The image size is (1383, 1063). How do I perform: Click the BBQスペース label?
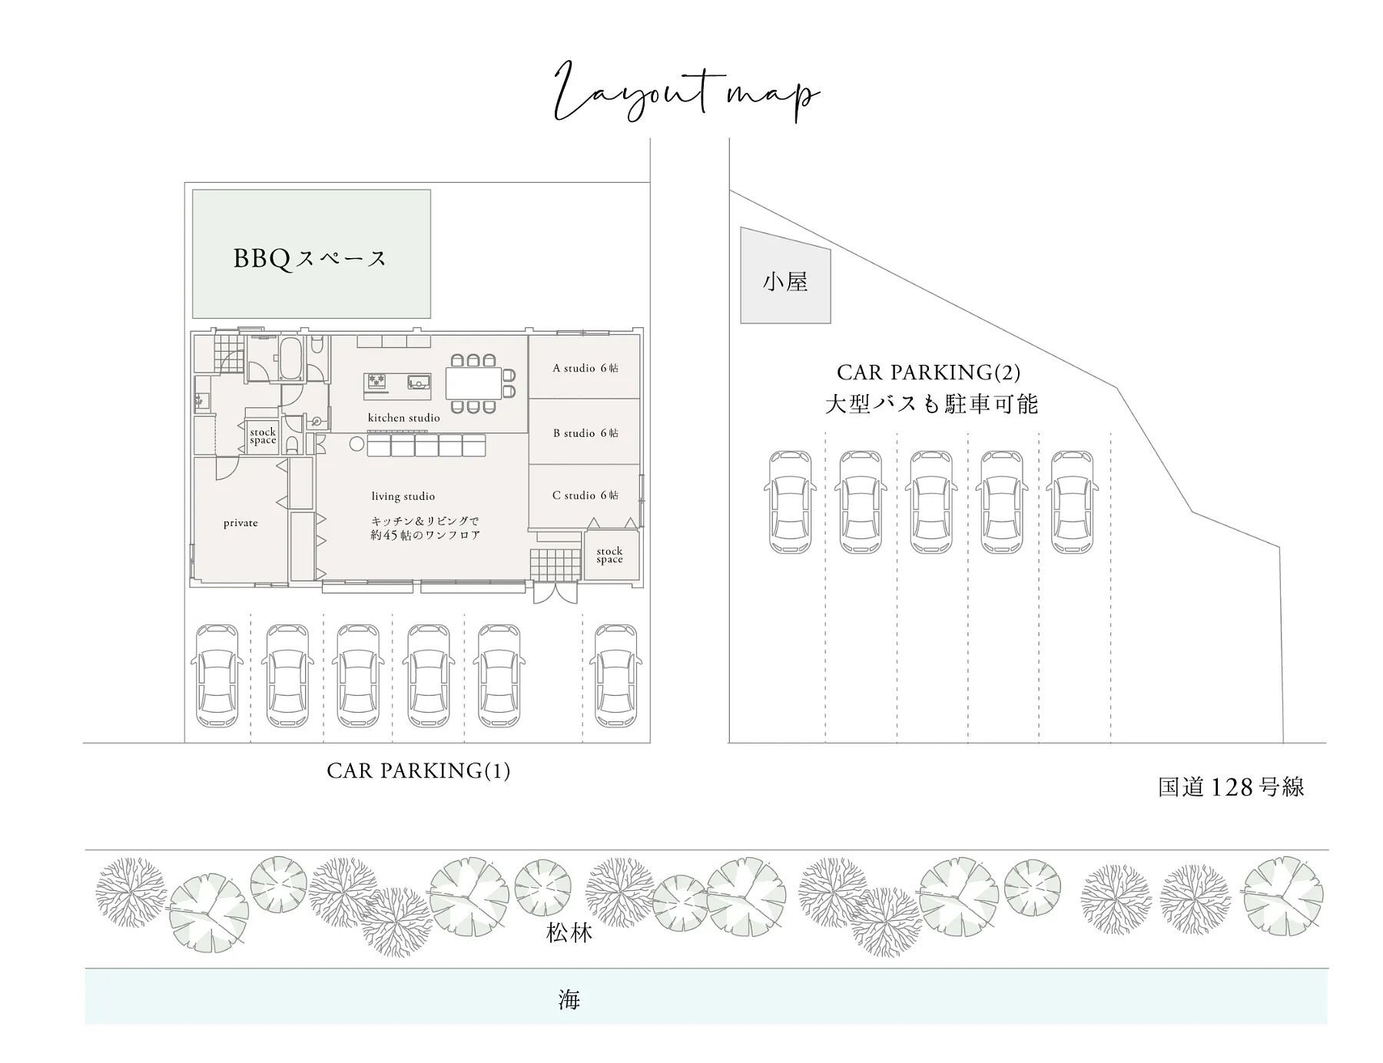(310, 258)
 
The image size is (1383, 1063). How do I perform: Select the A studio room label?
(585, 368)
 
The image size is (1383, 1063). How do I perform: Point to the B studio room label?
(585, 433)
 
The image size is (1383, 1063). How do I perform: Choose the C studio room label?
(585, 495)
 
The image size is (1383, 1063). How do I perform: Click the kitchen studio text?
(404, 418)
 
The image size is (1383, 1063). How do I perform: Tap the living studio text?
(403, 496)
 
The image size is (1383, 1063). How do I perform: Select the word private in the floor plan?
(240, 523)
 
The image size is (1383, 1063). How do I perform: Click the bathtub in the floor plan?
(290, 358)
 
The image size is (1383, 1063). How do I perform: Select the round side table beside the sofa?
(356, 444)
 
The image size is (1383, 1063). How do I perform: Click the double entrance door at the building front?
(554, 593)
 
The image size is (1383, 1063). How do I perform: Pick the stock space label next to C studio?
(609, 555)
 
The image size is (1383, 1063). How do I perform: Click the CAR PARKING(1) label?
(419, 770)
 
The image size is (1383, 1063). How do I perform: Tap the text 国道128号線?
(1231, 787)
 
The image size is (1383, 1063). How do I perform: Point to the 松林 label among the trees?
(569, 933)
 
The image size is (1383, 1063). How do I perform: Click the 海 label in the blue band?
(569, 1000)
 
